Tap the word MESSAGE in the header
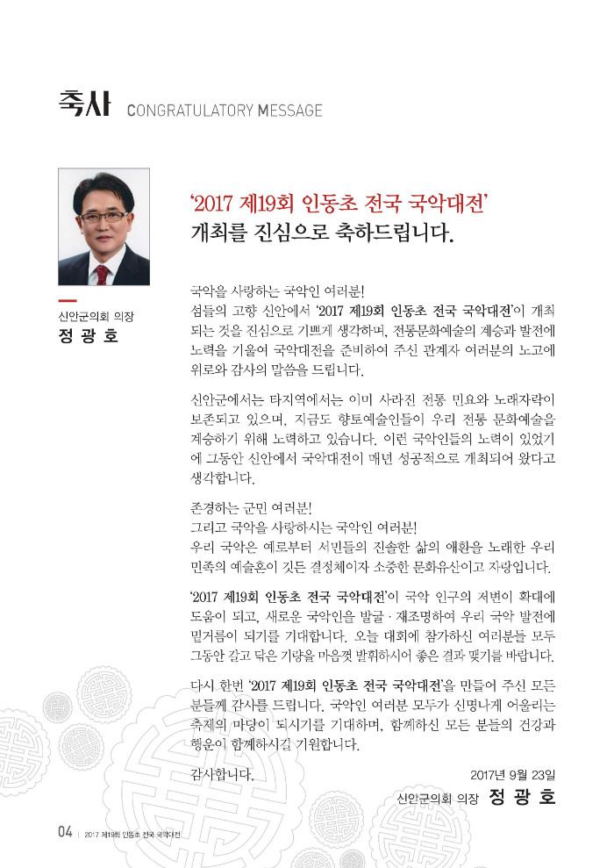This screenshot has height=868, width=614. [x=290, y=111]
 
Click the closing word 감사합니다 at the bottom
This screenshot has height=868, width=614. [x=222, y=774]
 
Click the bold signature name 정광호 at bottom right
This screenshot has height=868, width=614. [x=523, y=798]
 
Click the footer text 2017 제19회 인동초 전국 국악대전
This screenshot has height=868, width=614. [x=132, y=834]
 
